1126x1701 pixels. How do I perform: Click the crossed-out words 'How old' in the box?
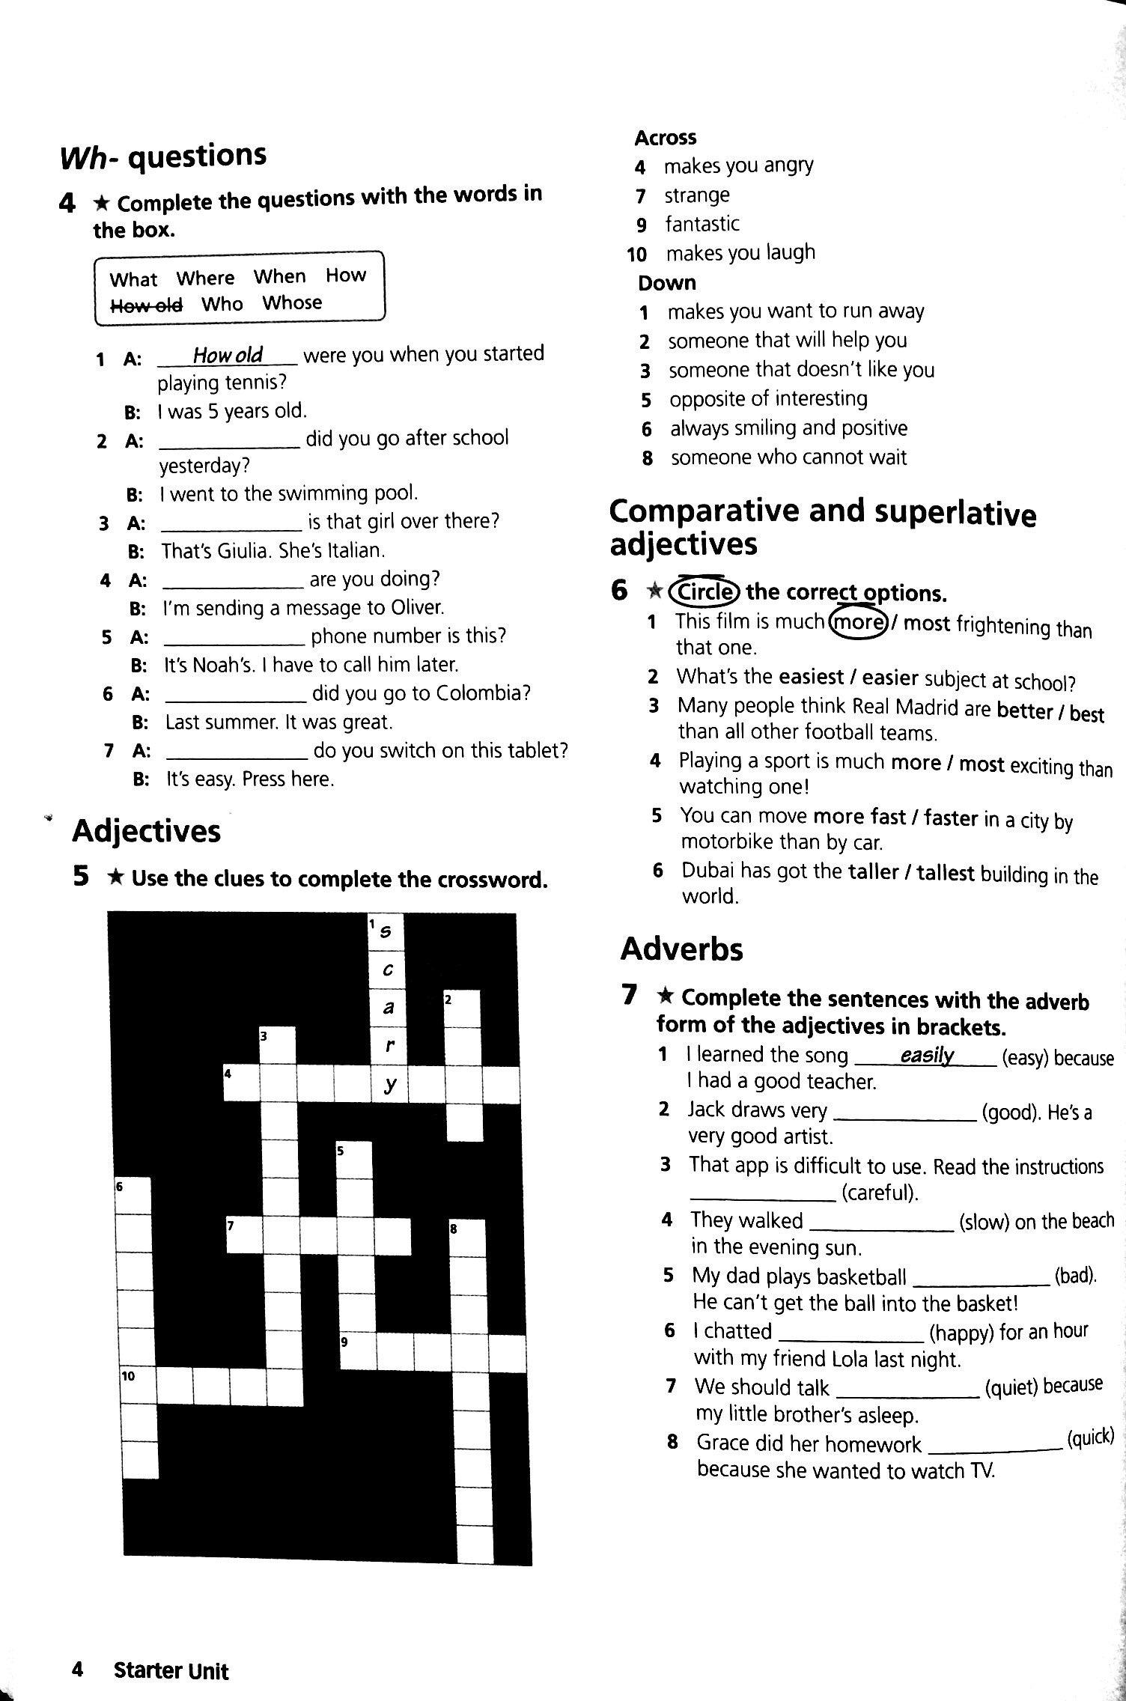pyautogui.click(x=146, y=305)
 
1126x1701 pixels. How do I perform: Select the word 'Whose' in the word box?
pyautogui.click(x=292, y=302)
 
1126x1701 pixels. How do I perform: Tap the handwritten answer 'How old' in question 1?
pyautogui.click(x=228, y=354)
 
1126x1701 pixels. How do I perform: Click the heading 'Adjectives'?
pyautogui.click(x=146, y=831)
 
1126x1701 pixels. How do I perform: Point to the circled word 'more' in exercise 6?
pyautogui.click(x=858, y=622)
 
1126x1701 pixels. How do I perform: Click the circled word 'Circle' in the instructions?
pyautogui.click(x=704, y=592)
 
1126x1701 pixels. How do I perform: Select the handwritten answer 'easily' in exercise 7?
pyautogui.click(x=927, y=1056)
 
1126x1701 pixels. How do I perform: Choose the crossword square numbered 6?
pyautogui.click(x=133, y=1195)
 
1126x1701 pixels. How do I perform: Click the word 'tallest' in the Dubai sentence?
pyautogui.click(x=945, y=873)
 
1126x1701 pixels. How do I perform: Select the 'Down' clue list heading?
pyautogui.click(x=667, y=283)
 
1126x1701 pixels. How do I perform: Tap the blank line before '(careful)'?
pyautogui.click(x=762, y=1192)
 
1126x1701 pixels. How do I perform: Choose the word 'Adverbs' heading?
pyautogui.click(x=681, y=949)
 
